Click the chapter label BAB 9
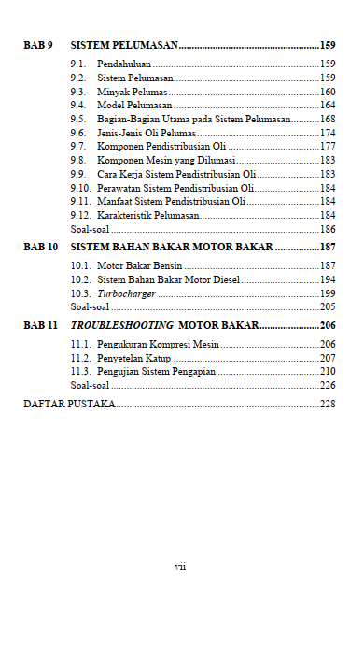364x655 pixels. (37, 45)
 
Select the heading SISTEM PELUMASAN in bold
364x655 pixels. (124, 45)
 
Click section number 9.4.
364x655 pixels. (78, 106)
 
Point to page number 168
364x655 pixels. (328, 120)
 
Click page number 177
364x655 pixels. (328, 147)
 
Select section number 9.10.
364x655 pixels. (80, 188)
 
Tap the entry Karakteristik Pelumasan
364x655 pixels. (148, 215)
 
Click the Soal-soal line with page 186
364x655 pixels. (90, 229)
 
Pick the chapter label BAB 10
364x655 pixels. (40, 248)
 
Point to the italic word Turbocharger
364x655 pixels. (126, 293)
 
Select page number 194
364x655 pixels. (328, 279)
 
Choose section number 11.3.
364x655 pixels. (80, 371)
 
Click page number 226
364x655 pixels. (328, 385)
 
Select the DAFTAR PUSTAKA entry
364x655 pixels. (68, 404)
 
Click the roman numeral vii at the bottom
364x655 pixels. (181, 566)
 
